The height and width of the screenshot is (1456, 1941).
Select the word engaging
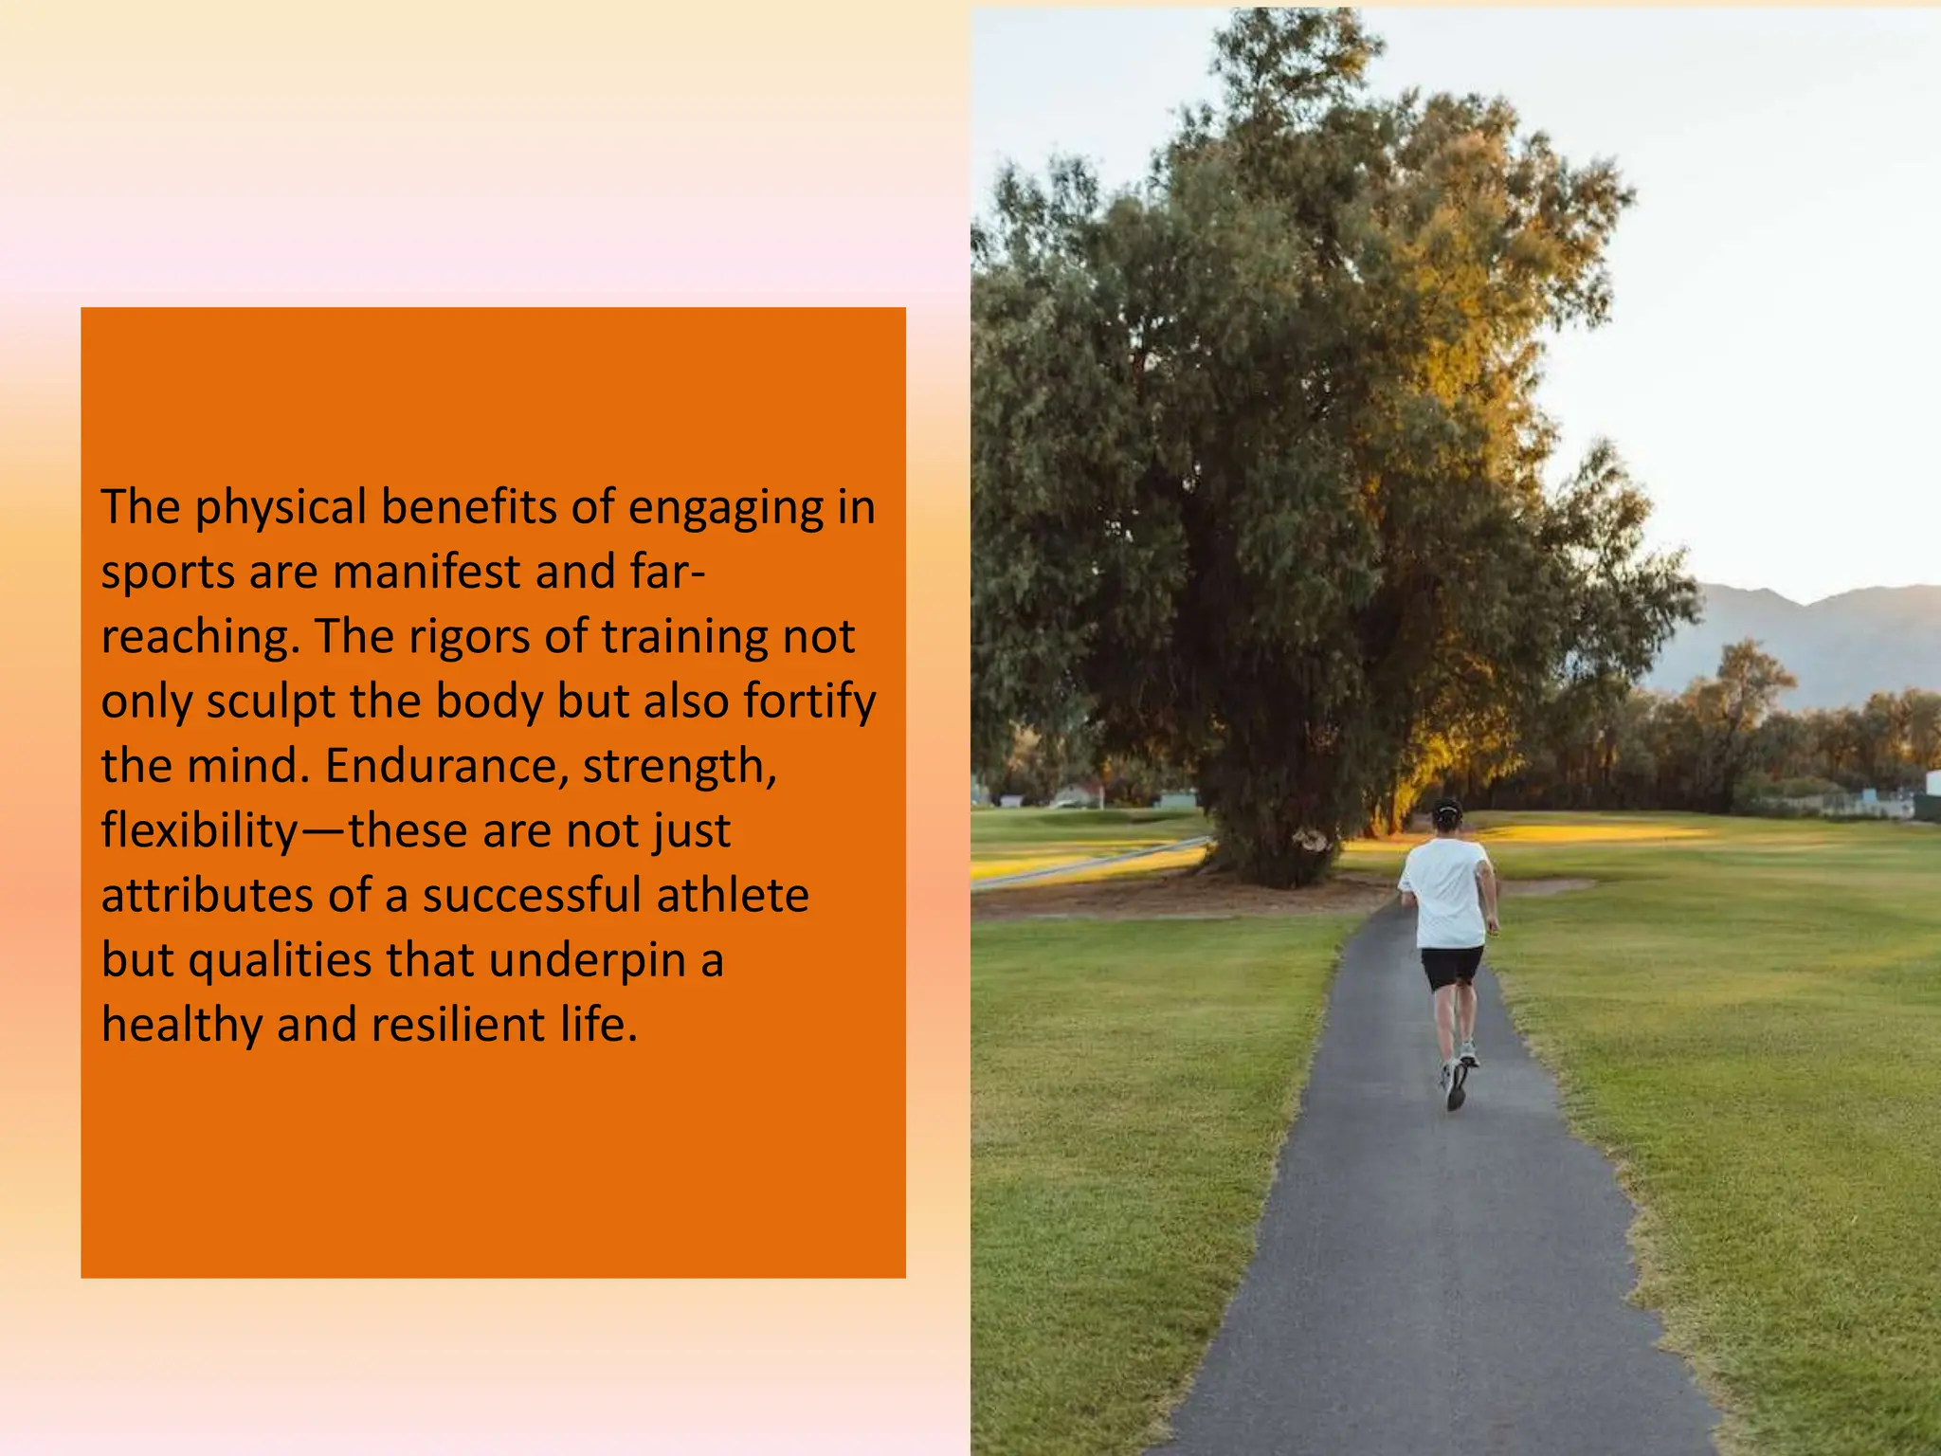(726, 508)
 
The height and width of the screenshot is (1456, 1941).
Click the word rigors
(470, 637)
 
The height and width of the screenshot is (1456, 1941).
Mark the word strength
(679, 766)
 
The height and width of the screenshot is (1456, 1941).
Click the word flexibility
(199, 831)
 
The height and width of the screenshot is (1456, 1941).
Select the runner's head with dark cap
(1447, 815)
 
